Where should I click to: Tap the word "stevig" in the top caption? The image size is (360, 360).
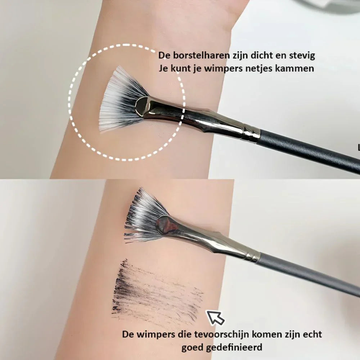[x=302, y=56]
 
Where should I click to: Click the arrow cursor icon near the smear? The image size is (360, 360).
[x=215, y=317]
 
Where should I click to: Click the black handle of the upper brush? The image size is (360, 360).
[x=310, y=151]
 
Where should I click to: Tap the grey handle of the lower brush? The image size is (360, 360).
[x=306, y=274]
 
